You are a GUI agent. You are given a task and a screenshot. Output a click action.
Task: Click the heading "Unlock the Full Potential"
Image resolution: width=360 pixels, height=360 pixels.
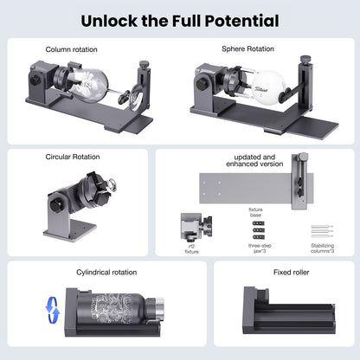(180, 20)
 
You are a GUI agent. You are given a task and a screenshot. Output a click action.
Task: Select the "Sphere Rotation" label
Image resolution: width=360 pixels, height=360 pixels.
(249, 50)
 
